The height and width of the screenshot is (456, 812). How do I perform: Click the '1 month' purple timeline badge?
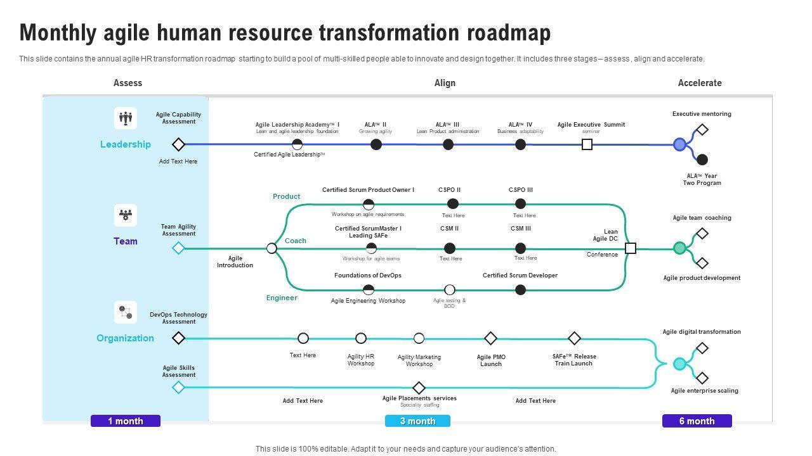tap(126, 421)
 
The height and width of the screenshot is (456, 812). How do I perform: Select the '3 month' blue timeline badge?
tap(417, 421)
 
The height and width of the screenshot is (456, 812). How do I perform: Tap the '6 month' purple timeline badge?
tap(697, 421)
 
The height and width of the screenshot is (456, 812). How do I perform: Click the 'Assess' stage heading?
tap(128, 83)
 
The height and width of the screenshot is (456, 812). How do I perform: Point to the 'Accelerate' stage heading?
tap(700, 83)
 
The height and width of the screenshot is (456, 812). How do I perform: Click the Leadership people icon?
tap(126, 118)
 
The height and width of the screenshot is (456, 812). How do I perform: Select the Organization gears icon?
tap(126, 312)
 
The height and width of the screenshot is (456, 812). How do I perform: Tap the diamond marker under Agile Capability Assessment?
tap(179, 144)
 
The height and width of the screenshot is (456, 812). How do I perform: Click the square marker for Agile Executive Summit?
tap(587, 144)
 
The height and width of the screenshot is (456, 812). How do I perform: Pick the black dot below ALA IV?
tap(520, 144)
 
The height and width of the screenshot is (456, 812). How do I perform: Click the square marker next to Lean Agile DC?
tap(631, 248)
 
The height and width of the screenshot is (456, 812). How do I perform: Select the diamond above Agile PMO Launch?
tap(490, 338)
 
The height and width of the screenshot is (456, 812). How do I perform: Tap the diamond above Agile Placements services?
tap(419, 388)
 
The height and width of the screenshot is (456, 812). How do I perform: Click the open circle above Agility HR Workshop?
tap(361, 338)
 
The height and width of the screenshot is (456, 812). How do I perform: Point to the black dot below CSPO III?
tap(520, 203)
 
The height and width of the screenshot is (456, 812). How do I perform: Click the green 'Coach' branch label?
tap(296, 241)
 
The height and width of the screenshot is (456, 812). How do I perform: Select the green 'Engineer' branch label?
tap(282, 298)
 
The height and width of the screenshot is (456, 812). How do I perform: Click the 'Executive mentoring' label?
tap(702, 114)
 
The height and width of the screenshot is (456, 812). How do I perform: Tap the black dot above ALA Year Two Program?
tap(702, 160)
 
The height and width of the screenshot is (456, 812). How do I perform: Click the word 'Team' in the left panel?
tap(126, 241)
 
